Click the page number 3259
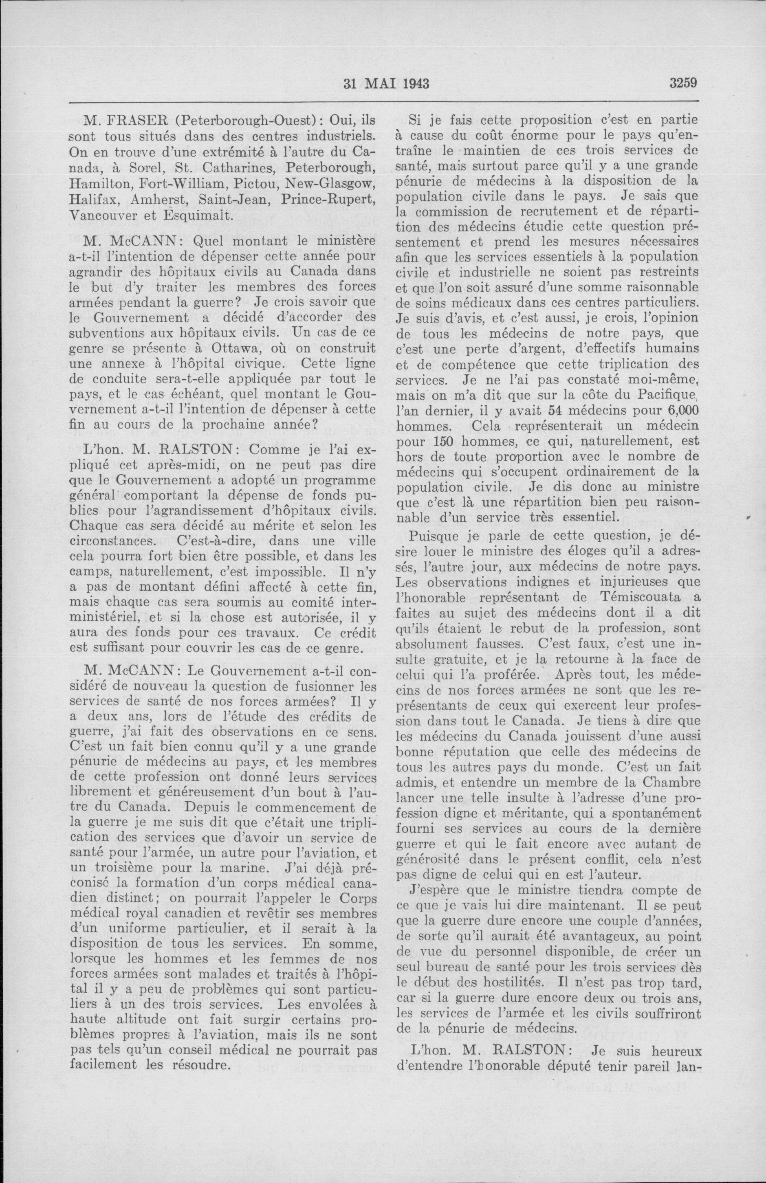click(x=684, y=83)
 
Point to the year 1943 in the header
click(x=412, y=84)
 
